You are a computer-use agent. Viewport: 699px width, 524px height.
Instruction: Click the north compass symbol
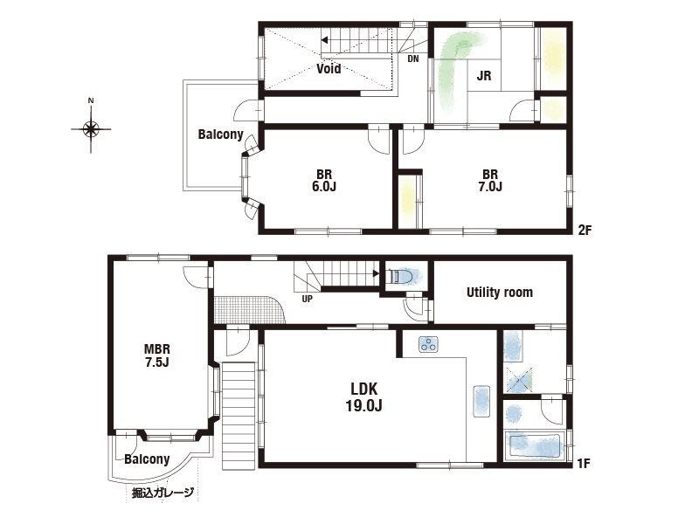[91, 129]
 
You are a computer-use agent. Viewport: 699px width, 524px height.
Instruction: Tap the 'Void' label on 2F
[329, 68]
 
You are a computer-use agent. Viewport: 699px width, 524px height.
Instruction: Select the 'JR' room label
[483, 76]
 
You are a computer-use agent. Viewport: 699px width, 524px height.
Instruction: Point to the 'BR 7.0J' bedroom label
[489, 180]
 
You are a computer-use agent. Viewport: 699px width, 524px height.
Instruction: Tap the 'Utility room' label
[499, 292]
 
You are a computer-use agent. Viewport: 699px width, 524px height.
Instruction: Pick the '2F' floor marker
[585, 231]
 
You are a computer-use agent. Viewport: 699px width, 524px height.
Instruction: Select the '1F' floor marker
[585, 464]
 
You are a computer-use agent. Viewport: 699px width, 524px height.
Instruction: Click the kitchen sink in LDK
[481, 401]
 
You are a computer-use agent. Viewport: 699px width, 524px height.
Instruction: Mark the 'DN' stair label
[413, 59]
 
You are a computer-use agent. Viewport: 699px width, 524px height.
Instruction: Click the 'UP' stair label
[308, 299]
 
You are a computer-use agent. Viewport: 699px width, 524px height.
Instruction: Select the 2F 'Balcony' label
[220, 134]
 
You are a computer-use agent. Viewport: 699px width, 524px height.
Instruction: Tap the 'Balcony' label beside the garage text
[147, 459]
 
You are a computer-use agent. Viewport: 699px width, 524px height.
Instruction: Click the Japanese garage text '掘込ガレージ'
[163, 493]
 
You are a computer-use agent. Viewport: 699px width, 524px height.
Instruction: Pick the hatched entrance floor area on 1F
[249, 309]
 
